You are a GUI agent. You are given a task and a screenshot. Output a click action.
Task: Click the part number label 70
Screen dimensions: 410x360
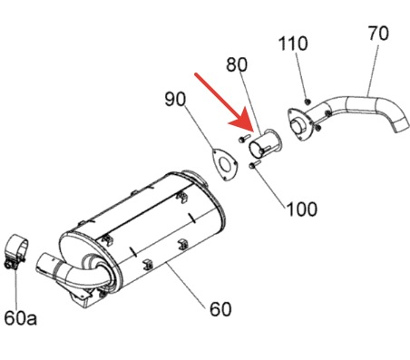click(x=378, y=34)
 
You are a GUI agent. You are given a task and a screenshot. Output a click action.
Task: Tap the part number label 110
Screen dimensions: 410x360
click(x=293, y=44)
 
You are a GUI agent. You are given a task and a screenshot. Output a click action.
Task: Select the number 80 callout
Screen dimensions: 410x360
click(x=237, y=64)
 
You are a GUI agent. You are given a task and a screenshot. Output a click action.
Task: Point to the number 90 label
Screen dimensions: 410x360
click(x=175, y=99)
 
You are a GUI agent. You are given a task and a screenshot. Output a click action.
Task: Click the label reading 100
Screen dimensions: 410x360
click(x=301, y=209)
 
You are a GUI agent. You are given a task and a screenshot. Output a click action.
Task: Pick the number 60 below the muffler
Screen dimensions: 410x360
click(x=220, y=309)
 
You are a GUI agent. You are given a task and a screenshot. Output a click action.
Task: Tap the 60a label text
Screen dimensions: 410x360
click(x=21, y=317)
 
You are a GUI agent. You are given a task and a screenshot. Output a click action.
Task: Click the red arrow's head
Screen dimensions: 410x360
click(x=244, y=124)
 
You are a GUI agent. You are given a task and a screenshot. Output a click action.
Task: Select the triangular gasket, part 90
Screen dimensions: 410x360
click(x=224, y=165)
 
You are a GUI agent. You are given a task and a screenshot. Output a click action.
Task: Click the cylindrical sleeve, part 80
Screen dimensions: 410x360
click(x=264, y=144)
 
